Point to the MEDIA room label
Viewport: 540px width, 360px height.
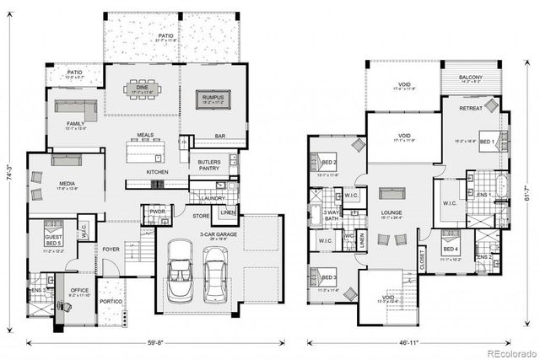[x=44, y=185]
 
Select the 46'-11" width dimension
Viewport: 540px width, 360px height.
[x=399, y=343]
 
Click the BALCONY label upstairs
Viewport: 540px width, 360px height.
[x=471, y=78]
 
